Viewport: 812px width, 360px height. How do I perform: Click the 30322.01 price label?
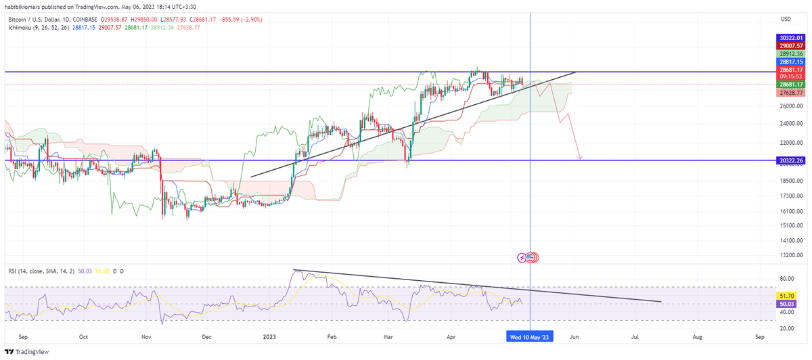pos(790,37)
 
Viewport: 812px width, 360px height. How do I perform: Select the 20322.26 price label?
pos(790,160)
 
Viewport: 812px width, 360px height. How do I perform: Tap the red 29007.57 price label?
pos(790,45)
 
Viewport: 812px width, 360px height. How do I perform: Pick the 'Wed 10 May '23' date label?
pos(531,336)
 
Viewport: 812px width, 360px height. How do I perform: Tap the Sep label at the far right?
pos(759,336)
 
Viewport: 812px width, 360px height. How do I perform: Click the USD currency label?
pos(786,19)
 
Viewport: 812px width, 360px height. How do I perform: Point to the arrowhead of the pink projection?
pos(581,158)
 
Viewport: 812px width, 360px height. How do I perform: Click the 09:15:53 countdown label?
pos(790,76)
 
